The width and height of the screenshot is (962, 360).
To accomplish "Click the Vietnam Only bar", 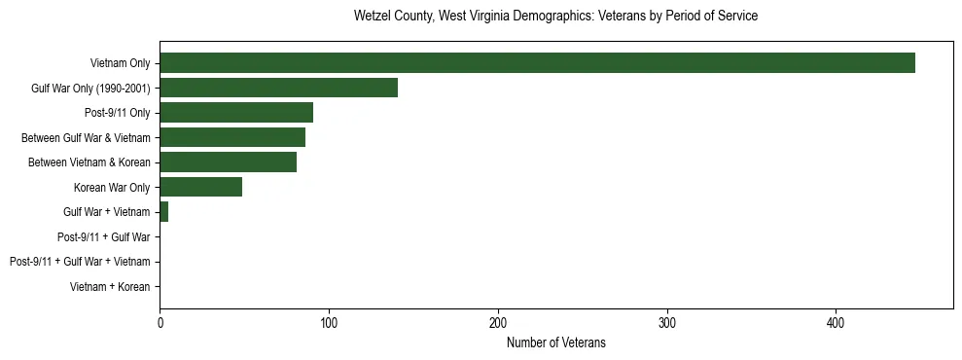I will pos(537,63).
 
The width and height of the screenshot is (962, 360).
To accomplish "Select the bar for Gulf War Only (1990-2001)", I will pos(278,88).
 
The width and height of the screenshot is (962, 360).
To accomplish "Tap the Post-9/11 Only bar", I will pos(236,113).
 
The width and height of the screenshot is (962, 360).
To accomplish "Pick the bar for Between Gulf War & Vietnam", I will pos(232,137).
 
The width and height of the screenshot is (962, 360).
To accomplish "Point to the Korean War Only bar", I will pos(200,187).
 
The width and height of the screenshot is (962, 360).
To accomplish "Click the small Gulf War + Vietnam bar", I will pos(164,212).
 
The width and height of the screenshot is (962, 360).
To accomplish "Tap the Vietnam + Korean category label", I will pos(110,287).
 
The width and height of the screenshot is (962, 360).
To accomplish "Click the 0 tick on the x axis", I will pos(160,322).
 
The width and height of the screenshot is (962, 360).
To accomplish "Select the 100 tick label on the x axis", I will pos(329,322).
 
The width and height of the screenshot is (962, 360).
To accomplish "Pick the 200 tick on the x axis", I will pos(498,322).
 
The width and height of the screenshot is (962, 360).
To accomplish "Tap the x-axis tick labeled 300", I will pos(667,322).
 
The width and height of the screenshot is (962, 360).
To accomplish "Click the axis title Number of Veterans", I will pos(555,342).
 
